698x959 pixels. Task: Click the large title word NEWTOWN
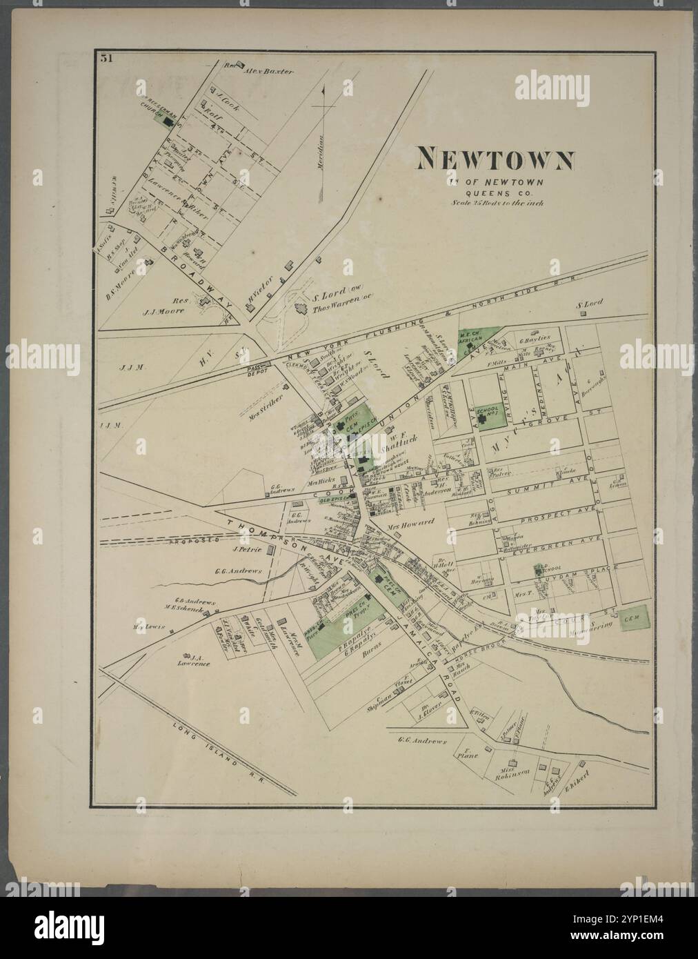(494, 160)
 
